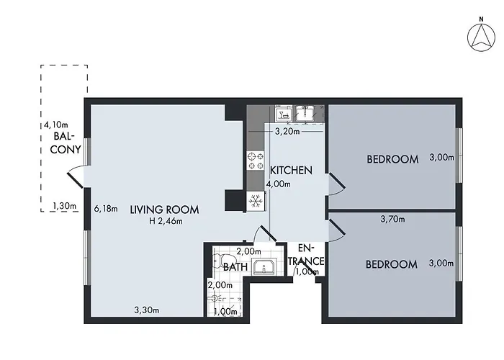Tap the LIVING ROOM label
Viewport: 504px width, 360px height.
point(164,210)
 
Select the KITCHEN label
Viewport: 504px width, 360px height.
point(291,171)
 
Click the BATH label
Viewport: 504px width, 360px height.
point(235,267)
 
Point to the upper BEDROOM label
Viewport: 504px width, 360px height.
point(392,159)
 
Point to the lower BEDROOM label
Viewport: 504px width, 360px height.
point(391,264)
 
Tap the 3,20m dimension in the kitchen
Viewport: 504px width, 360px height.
point(287,132)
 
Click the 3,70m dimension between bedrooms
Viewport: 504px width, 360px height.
point(394,219)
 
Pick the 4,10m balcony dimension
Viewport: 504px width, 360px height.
point(55,125)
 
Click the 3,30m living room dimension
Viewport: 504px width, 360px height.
point(146,310)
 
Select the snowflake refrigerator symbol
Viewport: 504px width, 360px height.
point(253,201)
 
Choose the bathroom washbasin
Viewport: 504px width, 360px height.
point(264,269)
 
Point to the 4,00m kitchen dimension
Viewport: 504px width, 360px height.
point(278,184)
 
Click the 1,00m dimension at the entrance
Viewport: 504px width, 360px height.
point(307,271)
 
